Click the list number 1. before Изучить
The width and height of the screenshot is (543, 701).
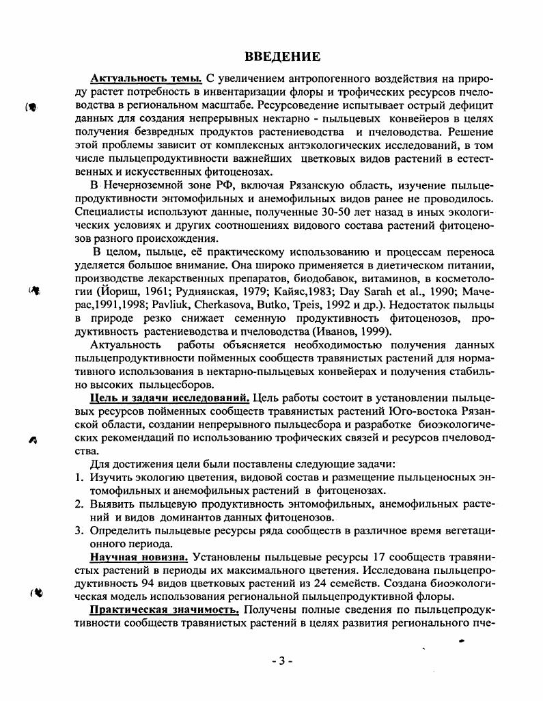tap(79, 477)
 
